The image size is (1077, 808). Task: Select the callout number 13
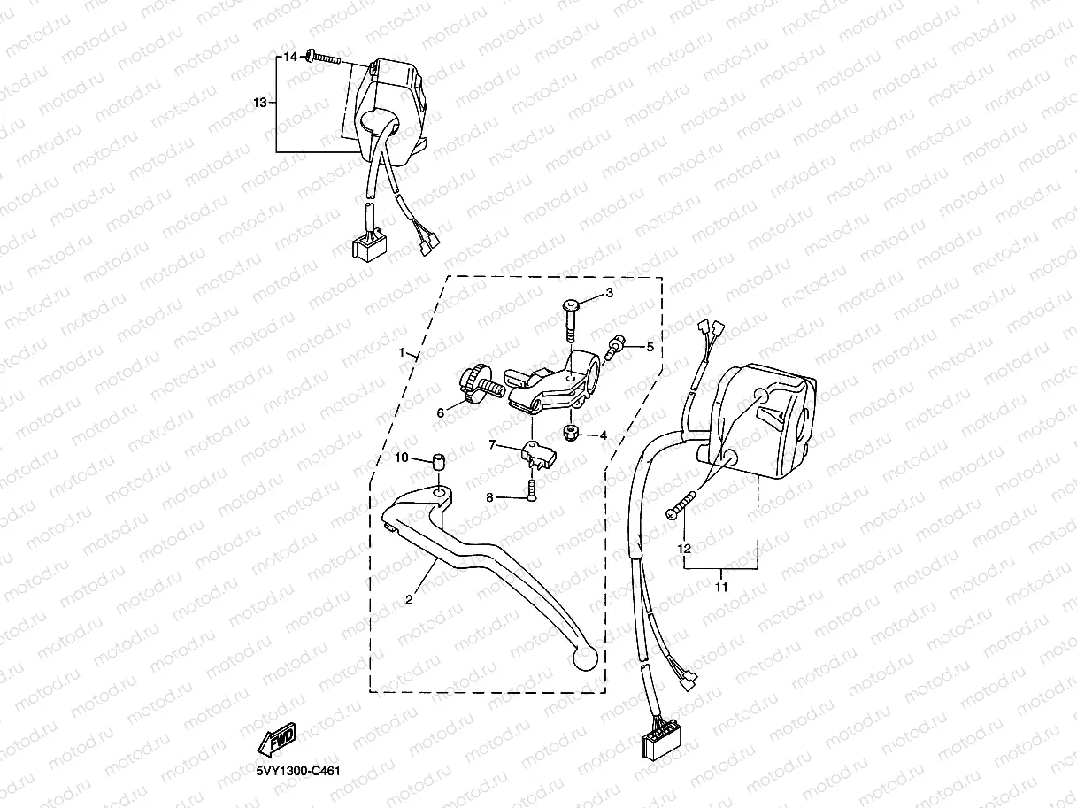[x=259, y=104]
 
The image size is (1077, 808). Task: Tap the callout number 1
[x=403, y=352]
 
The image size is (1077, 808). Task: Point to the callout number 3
[x=609, y=293]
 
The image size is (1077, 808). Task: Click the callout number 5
[x=650, y=347]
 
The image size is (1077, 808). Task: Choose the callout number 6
[x=440, y=413]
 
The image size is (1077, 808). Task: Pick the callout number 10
[x=401, y=458]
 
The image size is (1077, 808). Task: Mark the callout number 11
[x=721, y=586]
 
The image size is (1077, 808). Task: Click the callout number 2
[x=409, y=600]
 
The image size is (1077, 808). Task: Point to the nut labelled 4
[x=572, y=434]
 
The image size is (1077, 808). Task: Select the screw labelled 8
[x=531, y=488]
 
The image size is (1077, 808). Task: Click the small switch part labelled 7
[x=537, y=454]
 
